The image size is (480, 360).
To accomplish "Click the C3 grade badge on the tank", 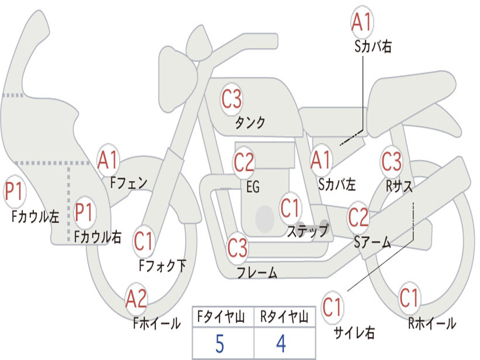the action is click(232, 99).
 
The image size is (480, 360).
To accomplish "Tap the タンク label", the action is click(250, 122).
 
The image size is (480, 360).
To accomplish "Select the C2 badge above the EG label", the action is click(244, 162).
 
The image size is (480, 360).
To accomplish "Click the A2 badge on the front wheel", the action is click(136, 299).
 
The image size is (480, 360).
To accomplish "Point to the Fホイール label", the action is click(157, 323).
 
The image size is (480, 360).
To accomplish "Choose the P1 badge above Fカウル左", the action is click(14, 192).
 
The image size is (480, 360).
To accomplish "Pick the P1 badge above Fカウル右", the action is click(83, 212).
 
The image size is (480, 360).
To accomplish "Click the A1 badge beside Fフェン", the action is click(108, 160).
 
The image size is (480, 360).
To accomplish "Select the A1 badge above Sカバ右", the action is click(362, 22).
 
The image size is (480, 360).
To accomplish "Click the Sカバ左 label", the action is click(337, 184).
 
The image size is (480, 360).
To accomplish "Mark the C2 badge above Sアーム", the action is click(358, 217).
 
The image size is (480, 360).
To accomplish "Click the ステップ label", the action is click(307, 231).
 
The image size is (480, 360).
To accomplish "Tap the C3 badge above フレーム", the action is click(237, 247).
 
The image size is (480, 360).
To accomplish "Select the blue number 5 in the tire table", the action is click(220, 344).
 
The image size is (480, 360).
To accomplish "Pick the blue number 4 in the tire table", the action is click(281, 344).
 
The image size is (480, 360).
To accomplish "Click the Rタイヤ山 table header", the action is click(284, 316).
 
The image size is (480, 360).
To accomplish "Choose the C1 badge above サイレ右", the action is click(332, 307).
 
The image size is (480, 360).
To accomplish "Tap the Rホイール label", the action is click(432, 323).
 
